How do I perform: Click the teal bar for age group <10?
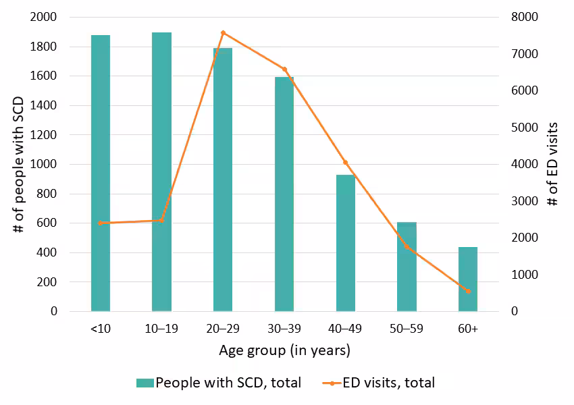point(101,173)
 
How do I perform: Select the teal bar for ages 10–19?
point(161,171)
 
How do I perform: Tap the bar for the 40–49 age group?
point(345,243)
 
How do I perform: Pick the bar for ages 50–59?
point(407,267)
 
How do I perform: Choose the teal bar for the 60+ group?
point(468,279)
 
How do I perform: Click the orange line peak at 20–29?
point(223,32)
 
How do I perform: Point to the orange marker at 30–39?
point(284,69)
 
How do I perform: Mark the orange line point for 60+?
point(468,291)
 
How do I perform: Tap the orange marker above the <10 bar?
point(101,223)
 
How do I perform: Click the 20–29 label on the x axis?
point(223,329)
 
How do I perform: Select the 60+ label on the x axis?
point(468,329)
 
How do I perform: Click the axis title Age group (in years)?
point(284,351)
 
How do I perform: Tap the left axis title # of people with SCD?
point(18,164)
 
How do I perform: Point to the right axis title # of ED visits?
point(552,164)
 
